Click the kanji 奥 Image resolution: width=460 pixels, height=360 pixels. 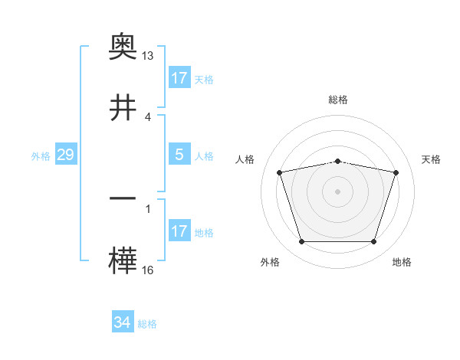(123, 47)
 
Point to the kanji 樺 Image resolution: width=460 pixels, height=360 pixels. (123, 260)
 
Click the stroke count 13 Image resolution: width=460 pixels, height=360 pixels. (148, 57)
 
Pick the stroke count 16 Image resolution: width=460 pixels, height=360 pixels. (148, 270)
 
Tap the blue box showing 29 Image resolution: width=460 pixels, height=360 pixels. (65, 155)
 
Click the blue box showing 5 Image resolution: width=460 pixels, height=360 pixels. (179, 155)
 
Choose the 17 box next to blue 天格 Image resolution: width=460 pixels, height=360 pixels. (179, 78)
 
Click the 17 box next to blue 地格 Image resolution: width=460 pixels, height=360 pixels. (179, 231)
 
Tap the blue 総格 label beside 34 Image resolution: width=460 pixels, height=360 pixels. (147, 323)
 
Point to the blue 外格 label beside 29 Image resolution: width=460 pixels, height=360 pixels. (41, 156)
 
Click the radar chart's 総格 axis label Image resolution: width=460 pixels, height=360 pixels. (338, 100)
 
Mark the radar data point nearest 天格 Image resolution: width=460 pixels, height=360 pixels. (396, 172)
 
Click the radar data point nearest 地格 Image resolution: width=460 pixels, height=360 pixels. (374, 242)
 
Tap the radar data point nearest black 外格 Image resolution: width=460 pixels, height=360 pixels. (301, 242)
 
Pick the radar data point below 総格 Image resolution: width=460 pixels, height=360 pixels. (338, 161)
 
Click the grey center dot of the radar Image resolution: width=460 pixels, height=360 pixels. (338, 191)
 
